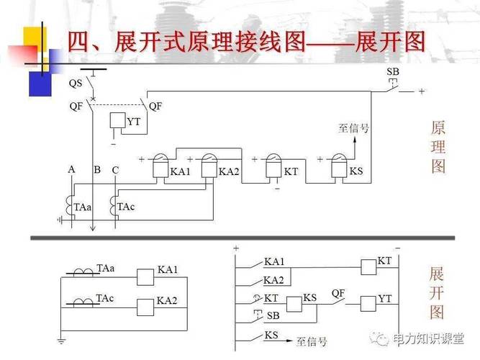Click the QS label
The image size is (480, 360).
point(75,83)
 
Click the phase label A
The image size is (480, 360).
point(71,169)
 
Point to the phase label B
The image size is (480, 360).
point(96,170)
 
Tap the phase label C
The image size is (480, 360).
point(115,170)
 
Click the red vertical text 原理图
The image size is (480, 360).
point(438,148)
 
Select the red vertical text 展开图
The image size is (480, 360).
point(436,293)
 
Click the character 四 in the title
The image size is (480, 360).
point(80,41)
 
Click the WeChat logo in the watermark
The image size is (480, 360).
point(379,337)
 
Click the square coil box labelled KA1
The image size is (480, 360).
point(147,274)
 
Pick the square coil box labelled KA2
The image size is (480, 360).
point(147,305)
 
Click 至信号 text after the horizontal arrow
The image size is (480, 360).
point(312,341)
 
